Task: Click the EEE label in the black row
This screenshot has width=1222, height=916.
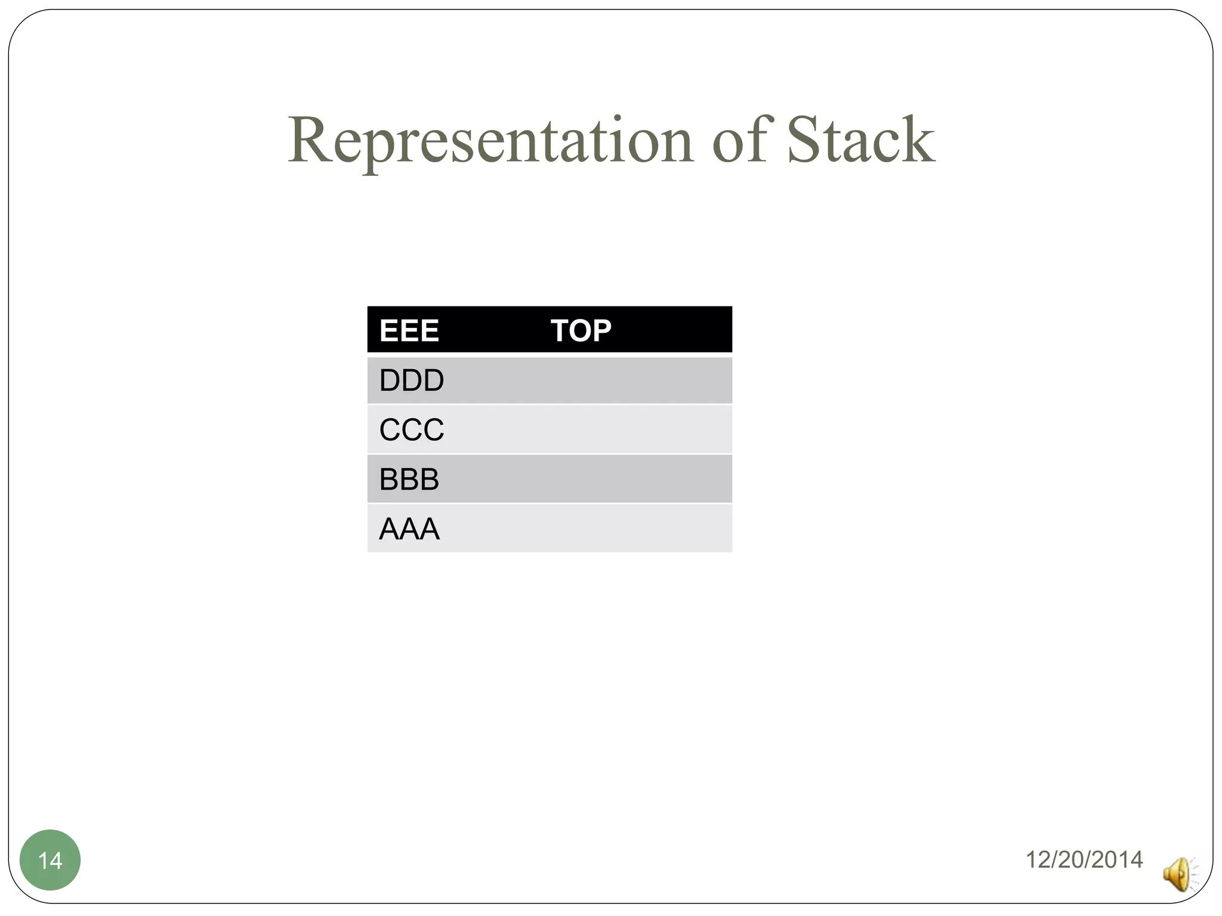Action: [x=409, y=330]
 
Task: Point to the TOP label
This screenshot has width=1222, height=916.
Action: [x=581, y=330]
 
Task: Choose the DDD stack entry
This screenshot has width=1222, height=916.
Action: [x=412, y=380]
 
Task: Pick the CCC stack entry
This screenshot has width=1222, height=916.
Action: [x=412, y=430]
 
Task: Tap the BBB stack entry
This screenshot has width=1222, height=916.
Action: [x=409, y=479]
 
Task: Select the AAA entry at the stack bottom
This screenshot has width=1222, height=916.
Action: [x=409, y=529]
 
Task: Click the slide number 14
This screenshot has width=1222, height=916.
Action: [x=50, y=861]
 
